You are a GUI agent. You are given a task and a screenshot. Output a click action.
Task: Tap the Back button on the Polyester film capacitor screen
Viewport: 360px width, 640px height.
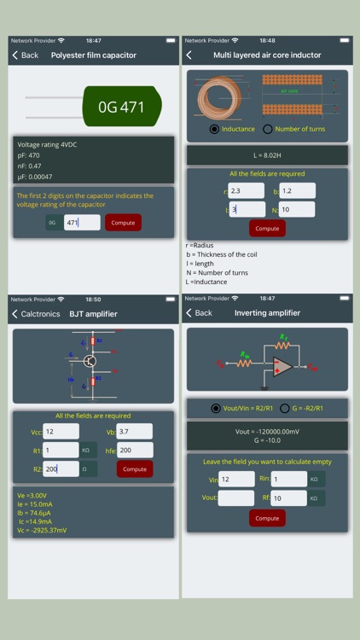25,55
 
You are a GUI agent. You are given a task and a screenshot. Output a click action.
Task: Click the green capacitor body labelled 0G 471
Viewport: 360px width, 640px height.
121,108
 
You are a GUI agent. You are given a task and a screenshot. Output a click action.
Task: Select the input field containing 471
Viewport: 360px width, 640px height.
82,223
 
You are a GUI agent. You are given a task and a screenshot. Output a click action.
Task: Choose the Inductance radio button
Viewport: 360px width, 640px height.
214,129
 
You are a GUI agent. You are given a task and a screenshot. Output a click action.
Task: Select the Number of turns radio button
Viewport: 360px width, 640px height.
268,129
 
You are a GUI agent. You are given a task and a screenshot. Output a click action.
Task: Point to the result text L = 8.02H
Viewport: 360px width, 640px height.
267,155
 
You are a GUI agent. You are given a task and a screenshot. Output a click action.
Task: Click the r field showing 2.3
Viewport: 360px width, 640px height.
247,191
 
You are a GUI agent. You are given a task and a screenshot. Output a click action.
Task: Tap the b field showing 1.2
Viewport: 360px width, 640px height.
297,191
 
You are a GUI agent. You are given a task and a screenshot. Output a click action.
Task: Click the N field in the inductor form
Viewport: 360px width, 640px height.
297,209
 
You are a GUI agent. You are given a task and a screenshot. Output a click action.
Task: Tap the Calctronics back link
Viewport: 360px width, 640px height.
34,314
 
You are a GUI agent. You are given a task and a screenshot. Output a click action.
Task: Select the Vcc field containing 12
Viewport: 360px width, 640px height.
61,432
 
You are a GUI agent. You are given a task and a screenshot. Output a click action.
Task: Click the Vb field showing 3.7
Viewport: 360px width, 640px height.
134,432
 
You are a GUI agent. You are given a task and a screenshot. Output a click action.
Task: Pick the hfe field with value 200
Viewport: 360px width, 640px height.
134,450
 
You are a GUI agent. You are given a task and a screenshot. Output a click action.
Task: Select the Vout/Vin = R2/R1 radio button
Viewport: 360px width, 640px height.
216,408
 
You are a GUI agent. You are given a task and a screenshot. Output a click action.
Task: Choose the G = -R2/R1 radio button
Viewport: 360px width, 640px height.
285,408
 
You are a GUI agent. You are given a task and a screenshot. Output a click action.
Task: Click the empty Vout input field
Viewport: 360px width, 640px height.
236,498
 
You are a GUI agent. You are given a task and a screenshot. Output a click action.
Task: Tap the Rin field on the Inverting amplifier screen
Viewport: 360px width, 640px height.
288,480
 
